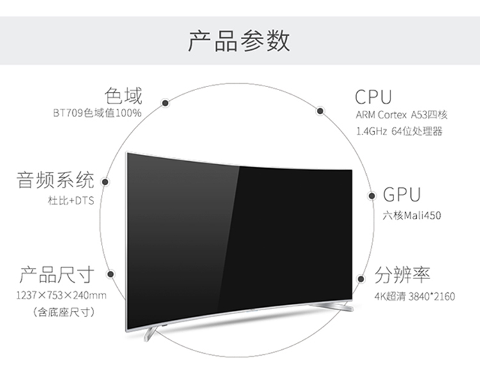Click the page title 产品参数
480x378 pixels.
(239, 41)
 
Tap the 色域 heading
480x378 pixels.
(124, 96)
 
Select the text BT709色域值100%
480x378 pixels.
(97, 113)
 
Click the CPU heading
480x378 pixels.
(373, 97)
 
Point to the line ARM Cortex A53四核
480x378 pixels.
(401, 115)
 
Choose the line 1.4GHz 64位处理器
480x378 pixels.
(399, 132)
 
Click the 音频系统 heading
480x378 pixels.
(55, 180)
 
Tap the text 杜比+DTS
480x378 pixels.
(70, 201)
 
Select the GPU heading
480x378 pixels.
(402, 194)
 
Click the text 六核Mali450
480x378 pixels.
(412, 216)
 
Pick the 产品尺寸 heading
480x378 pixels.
(57, 274)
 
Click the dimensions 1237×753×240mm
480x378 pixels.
(61, 295)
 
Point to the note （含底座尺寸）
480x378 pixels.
(63, 312)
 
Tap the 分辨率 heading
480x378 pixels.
(403, 274)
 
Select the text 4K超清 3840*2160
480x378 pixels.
(415, 296)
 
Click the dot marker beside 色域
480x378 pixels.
(165, 103)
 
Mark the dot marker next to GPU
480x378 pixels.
(371, 196)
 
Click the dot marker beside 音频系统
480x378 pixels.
(105, 182)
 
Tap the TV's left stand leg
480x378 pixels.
(150, 333)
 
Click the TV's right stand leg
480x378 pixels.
(332, 306)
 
